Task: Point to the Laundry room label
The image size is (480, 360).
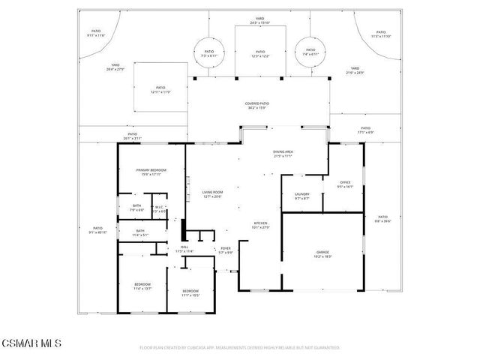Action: (x=301, y=196)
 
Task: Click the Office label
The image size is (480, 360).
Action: (x=345, y=184)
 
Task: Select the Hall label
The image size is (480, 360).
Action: (x=184, y=249)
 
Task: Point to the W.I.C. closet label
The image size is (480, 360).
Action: (x=160, y=208)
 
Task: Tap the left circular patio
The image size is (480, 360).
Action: (x=208, y=53)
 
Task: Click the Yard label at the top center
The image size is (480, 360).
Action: (x=260, y=20)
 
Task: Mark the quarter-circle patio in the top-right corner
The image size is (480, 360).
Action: (x=380, y=34)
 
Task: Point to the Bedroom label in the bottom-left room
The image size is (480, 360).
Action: (x=142, y=286)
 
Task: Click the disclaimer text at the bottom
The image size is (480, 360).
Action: (x=239, y=348)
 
